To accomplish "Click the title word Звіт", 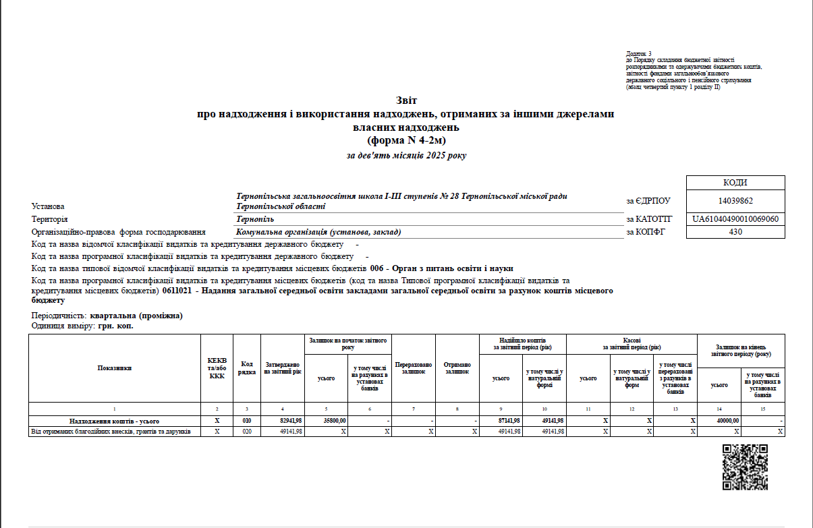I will click(406, 100).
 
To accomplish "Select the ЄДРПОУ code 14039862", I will click(735, 201).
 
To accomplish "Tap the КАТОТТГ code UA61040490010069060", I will click(735, 220).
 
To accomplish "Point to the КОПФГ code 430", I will click(735, 232).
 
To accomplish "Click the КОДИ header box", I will click(735, 183).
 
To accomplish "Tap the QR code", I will click(745, 467).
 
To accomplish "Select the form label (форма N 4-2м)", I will click(406, 140).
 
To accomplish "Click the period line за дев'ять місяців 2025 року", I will click(406, 156).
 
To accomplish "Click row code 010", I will click(247, 421).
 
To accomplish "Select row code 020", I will click(247, 432).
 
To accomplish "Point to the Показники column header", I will click(115, 368).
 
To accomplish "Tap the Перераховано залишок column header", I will click(414, 368).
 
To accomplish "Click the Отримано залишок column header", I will click(457, 368).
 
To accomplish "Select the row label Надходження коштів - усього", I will click(115, 421).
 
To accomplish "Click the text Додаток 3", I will click(639, 53).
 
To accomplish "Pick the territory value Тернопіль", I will click(255, 220).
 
